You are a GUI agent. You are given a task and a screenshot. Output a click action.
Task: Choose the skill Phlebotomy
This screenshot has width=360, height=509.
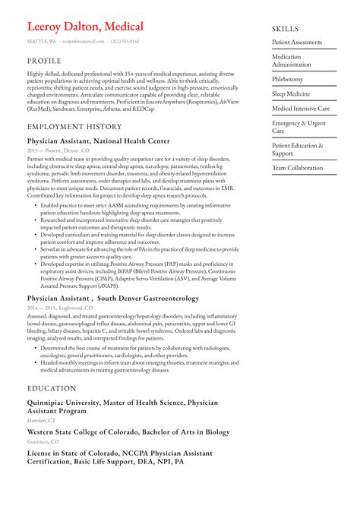coord(287,78)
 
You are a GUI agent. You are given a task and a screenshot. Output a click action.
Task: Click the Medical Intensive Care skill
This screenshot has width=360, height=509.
coord(301,109)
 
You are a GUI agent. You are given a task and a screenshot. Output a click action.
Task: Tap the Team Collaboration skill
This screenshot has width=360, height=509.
coord(297,167)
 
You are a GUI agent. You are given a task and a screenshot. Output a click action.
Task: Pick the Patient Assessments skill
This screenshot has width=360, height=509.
coord(298,42)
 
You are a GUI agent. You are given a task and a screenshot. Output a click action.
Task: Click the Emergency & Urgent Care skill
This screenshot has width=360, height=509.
coord(298,127)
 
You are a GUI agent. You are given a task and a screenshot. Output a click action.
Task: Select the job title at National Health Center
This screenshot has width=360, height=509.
coord(98,141)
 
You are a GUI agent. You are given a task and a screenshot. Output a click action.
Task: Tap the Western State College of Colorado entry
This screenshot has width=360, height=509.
coord(116,432)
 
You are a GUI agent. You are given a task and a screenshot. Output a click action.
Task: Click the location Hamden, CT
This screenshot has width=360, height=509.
coord(41,420)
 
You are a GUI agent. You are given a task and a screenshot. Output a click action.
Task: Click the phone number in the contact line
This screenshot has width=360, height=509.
coord(125,41)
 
